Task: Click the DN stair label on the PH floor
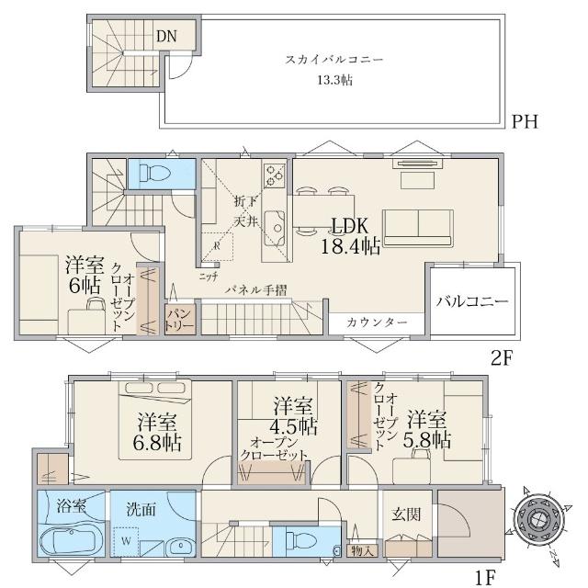point(165,37)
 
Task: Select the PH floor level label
point(525,121)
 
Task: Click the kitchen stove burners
point(274,175)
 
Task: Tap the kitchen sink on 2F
point(274,223)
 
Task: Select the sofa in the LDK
point(418,226)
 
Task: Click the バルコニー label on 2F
point(472,301)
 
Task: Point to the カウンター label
point(378,322)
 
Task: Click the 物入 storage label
point(363,551)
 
